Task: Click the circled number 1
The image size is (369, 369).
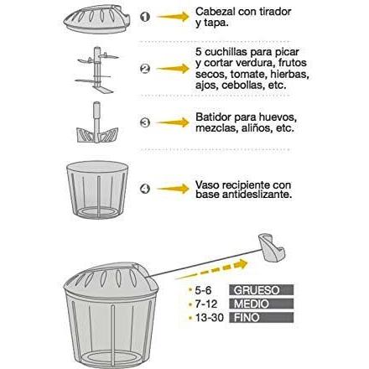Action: [145, 17]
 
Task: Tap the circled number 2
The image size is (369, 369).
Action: [145, 69]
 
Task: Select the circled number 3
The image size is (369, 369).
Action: [145, 122]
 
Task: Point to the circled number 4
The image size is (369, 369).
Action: [145, 189]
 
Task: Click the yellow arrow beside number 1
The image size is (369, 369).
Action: [173, 17]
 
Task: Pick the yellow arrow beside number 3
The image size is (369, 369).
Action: [173, 122]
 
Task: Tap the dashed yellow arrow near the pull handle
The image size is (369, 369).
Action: [212, 269]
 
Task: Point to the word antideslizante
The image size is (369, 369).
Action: [257, 195]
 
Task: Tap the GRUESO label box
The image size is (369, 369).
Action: [262, 290]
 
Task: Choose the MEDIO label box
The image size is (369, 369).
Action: [262, 304]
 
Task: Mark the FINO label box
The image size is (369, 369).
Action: [262, 317]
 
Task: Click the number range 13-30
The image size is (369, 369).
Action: [210, 318]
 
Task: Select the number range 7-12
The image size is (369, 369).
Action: [206, 304]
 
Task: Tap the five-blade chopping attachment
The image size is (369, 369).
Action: [96, 70]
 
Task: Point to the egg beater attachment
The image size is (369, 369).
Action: [97, 122]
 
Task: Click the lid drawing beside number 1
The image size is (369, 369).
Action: [97, 18]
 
